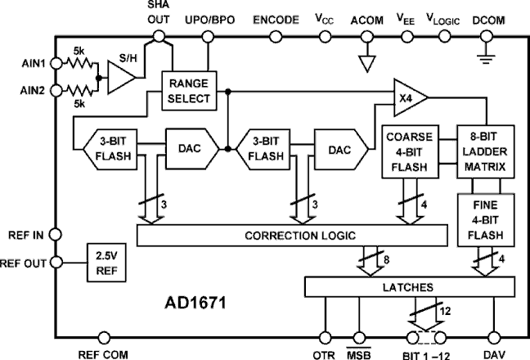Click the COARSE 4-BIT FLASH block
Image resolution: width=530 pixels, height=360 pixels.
[x=406, y=151]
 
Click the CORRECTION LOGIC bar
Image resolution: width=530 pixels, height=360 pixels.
[x=293, y=236]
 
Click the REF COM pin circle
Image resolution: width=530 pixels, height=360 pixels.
[x=104, y=337]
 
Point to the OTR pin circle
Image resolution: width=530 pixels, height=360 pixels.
[x=326, y=337]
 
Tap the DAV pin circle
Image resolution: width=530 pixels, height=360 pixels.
[x=494, y=337]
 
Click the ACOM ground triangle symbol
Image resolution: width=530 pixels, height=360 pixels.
[x=367, y=61]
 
